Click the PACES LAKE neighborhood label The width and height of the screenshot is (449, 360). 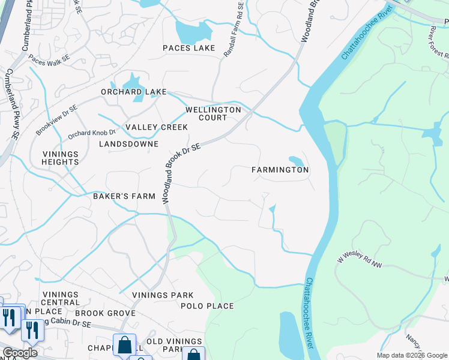(x=188, y=48)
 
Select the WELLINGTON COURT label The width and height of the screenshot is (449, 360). (x=213, y=113)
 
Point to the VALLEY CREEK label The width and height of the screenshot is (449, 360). (x=156, y=127)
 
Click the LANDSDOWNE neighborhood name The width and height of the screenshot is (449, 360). (x=128, y=144)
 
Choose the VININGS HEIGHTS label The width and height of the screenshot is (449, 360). (x=60, y=158)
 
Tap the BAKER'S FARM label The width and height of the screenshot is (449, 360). (x=124, y=196)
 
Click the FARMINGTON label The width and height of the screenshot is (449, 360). (x=280, y=170)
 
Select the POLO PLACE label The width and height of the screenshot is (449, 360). (x=207, y=306)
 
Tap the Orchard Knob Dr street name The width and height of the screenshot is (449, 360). (x=91, y=134)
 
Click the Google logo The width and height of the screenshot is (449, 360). (x=20, y=353)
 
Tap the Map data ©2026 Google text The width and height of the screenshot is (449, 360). (x=412, y=355)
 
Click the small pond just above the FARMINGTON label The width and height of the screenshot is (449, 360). (x=296, y=160)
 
